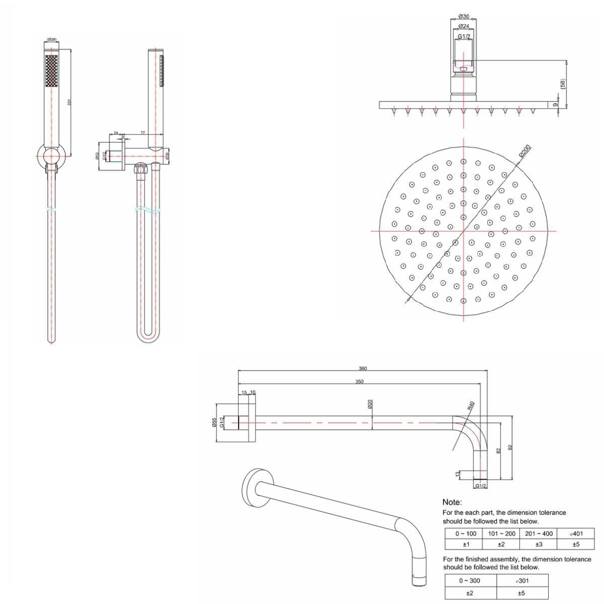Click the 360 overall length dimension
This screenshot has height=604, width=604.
pos(362,368)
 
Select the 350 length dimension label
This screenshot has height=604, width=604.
pos(359,382)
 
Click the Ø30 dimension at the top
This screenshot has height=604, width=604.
pos(464,17)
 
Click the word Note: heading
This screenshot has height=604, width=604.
pos(452,502)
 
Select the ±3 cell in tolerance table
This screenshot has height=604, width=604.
pos(538,544)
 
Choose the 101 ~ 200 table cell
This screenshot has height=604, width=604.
pos(501,533)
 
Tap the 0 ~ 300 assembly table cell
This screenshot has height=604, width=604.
pos(470,580)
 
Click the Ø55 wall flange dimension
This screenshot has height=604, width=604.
pos(214,423)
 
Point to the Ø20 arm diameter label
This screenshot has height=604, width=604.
pos(370,404)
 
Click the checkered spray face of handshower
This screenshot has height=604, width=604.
pos(51,71)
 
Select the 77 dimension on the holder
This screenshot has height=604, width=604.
pos(143,133)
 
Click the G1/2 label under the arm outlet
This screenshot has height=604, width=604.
pos(480,486)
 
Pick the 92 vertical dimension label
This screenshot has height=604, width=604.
pos(510,447)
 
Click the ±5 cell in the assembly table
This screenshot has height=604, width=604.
pos(521,593)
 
